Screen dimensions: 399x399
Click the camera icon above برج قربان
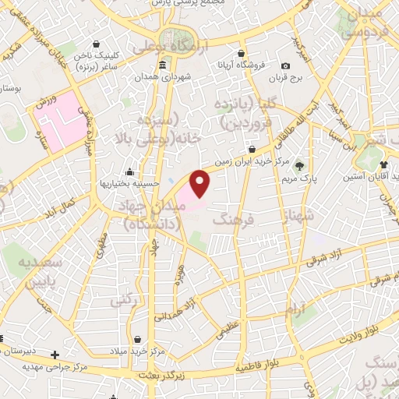click(x=286, y=65)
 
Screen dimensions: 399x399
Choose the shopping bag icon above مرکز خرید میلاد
click(x=139, y=341)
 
